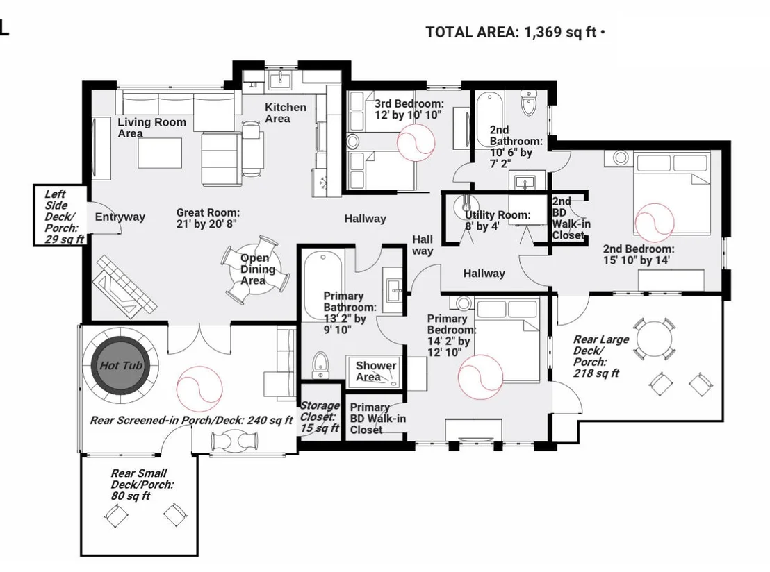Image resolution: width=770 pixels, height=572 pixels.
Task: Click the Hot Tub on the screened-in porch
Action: [x=121, y=365]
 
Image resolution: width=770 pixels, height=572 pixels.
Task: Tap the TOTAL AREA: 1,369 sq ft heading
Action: [x=515, y=33]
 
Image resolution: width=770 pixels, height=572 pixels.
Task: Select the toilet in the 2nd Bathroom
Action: [x=528, y=102]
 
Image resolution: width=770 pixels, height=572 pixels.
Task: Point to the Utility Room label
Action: [x=498, y=220]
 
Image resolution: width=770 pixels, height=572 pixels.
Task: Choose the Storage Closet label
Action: [x=320, y=417]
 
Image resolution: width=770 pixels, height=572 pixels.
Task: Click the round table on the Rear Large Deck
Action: [x=654, y=339]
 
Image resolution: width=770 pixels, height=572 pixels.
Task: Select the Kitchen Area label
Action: [x=286, y=113]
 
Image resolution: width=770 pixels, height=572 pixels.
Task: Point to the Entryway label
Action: [x=120, y=217]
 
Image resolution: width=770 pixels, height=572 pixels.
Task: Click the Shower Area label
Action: [x=376, y=371]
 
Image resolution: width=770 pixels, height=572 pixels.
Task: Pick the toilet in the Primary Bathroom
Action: [x=320, y=365]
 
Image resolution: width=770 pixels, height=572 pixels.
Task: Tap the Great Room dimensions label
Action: [x=208, y=218]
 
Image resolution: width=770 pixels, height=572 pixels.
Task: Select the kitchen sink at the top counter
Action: [x=280, y=80]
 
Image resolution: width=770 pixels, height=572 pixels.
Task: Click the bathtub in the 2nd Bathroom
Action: [x=489, y=119]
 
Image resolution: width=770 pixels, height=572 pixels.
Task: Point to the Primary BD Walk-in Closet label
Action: [x=377, y=419]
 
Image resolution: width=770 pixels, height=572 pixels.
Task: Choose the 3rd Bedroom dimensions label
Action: [x=409, y=110]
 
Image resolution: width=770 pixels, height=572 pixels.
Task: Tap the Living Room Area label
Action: [x=151, y=128]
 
